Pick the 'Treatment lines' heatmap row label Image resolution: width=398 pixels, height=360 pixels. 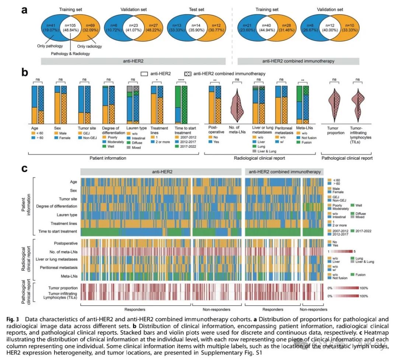pos(64,223)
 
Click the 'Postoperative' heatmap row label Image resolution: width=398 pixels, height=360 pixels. pos(65,244)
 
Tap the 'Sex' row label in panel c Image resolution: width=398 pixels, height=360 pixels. pos(73,190)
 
